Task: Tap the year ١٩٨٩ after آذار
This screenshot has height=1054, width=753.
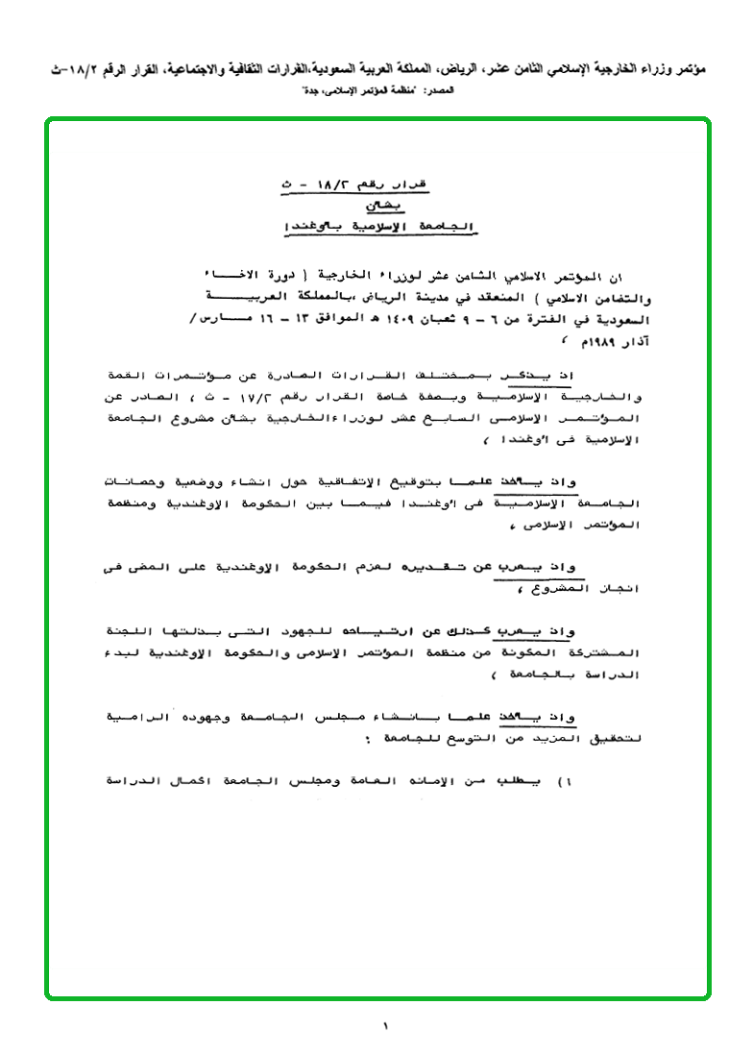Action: [586, 343]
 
